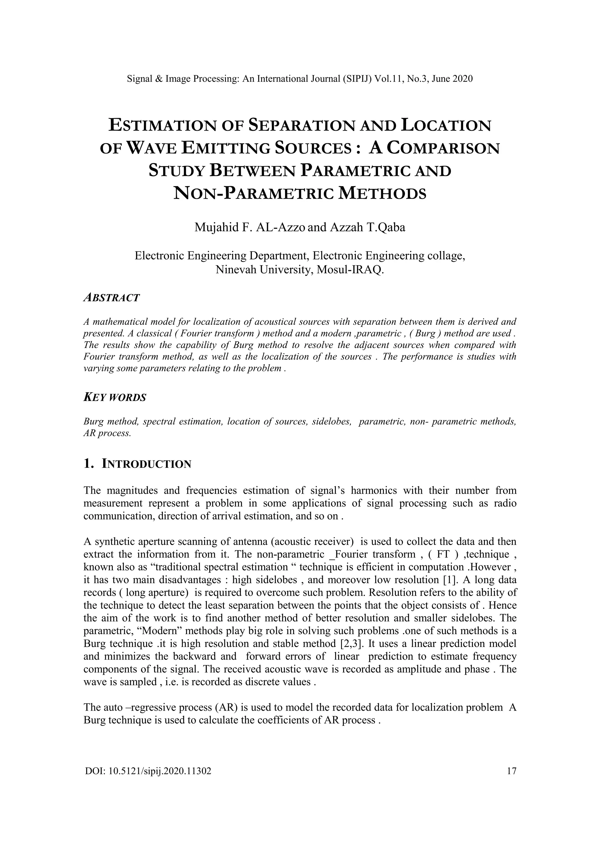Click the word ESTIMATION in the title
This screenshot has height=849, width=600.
click(161, 126)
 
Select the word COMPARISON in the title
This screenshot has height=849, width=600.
click(443, 148)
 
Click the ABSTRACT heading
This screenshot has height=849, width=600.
click(112, 298)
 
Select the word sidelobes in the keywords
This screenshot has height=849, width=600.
click(331, 422)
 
